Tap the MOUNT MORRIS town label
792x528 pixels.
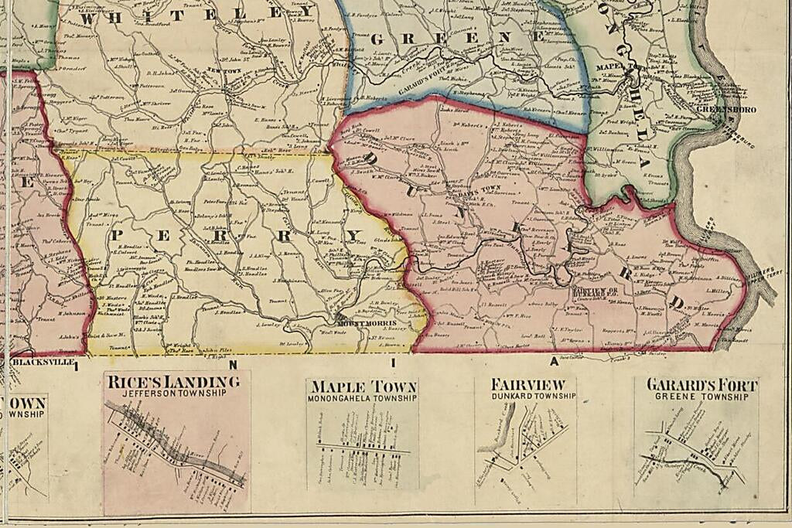pyautogui.click(x=367, y=322)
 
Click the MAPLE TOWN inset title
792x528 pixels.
pyautogui.click(x=362, y=387)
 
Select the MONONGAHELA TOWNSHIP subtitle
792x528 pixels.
pyautogui.click(x=362, y=398)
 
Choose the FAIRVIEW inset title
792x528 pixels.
pyautogui.click(x=522, y=384)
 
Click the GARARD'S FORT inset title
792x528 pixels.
pyautogui.click(x=702, y=385)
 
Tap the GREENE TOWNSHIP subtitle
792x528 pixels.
pyautogui.click(x=702, y=397)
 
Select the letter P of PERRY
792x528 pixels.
pyautogui.click(x=121, y=233)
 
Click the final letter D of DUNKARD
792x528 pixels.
pyautogui.click(x=678, y=302)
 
